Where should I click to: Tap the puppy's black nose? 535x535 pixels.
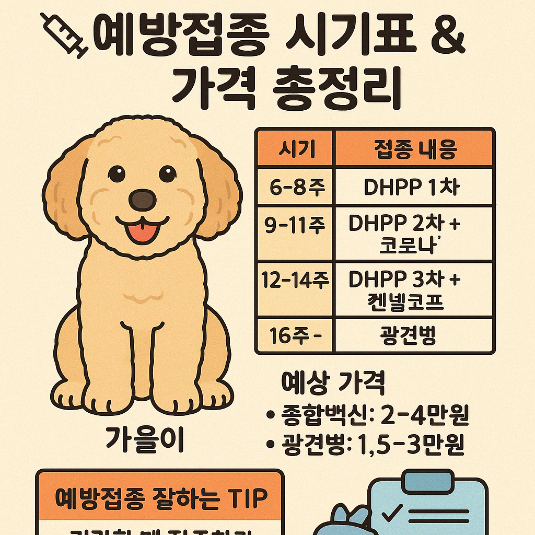pos(142,199)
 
